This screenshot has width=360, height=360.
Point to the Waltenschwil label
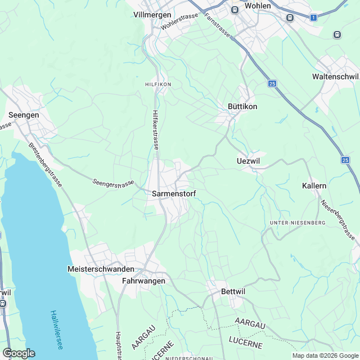335,76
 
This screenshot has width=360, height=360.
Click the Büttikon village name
242,107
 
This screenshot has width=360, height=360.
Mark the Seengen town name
24,115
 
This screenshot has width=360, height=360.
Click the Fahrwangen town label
144,281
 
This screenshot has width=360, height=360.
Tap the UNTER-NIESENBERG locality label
298,223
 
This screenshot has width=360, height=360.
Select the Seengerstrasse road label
114,183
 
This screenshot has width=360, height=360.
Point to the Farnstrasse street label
217,25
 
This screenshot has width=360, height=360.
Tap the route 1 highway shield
313,17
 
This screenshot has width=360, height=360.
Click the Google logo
19,353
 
